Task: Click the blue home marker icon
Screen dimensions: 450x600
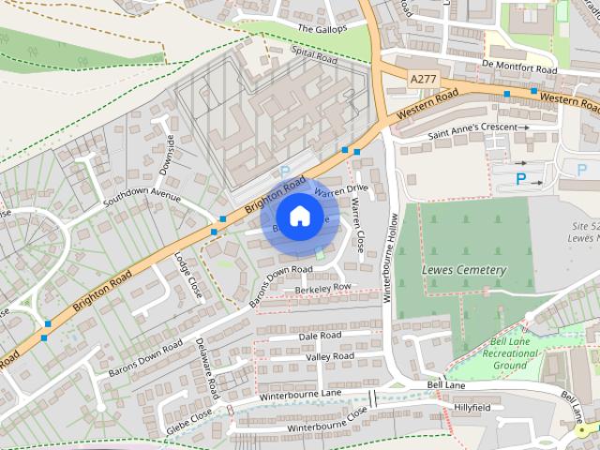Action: (x=299, y=217)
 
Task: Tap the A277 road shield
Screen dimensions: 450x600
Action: (x=424, y=82)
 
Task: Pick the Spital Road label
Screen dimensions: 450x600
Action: (x=314, y=56)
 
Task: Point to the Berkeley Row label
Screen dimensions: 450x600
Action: (x=322, y=287)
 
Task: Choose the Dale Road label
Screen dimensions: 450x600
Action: (x=320, y=336)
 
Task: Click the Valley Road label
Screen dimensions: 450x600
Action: (x=329, y=357)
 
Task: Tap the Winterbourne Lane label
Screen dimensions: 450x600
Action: (x=292, y=394)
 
